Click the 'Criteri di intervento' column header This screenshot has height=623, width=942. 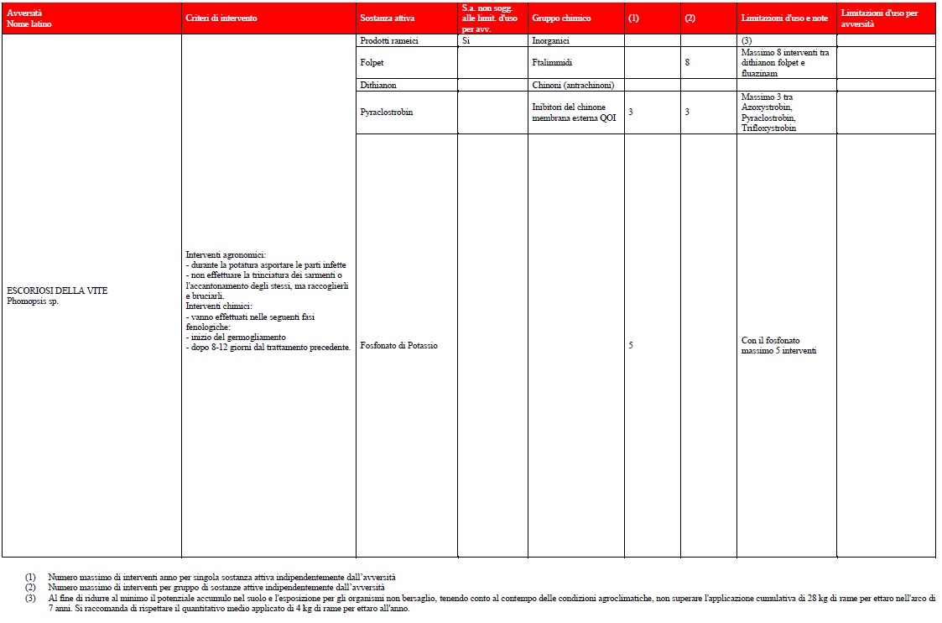click(221, 18)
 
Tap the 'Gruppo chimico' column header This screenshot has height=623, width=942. click(560, 18)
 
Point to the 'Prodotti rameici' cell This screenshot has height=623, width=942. click(388, 40)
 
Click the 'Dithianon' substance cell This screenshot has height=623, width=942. click(377, 85)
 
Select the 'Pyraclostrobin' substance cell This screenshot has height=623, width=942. click(386, 112)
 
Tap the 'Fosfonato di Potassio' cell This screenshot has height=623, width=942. click(398, 345)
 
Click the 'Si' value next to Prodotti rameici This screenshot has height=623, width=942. click(466, 40)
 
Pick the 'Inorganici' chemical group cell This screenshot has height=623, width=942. click(550, 40)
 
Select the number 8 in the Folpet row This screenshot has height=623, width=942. click(687, 62)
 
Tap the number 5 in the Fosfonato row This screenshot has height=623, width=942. click(631, 345)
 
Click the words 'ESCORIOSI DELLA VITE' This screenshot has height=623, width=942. click(57, 291)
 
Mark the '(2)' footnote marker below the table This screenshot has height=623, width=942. click(31, 588)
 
